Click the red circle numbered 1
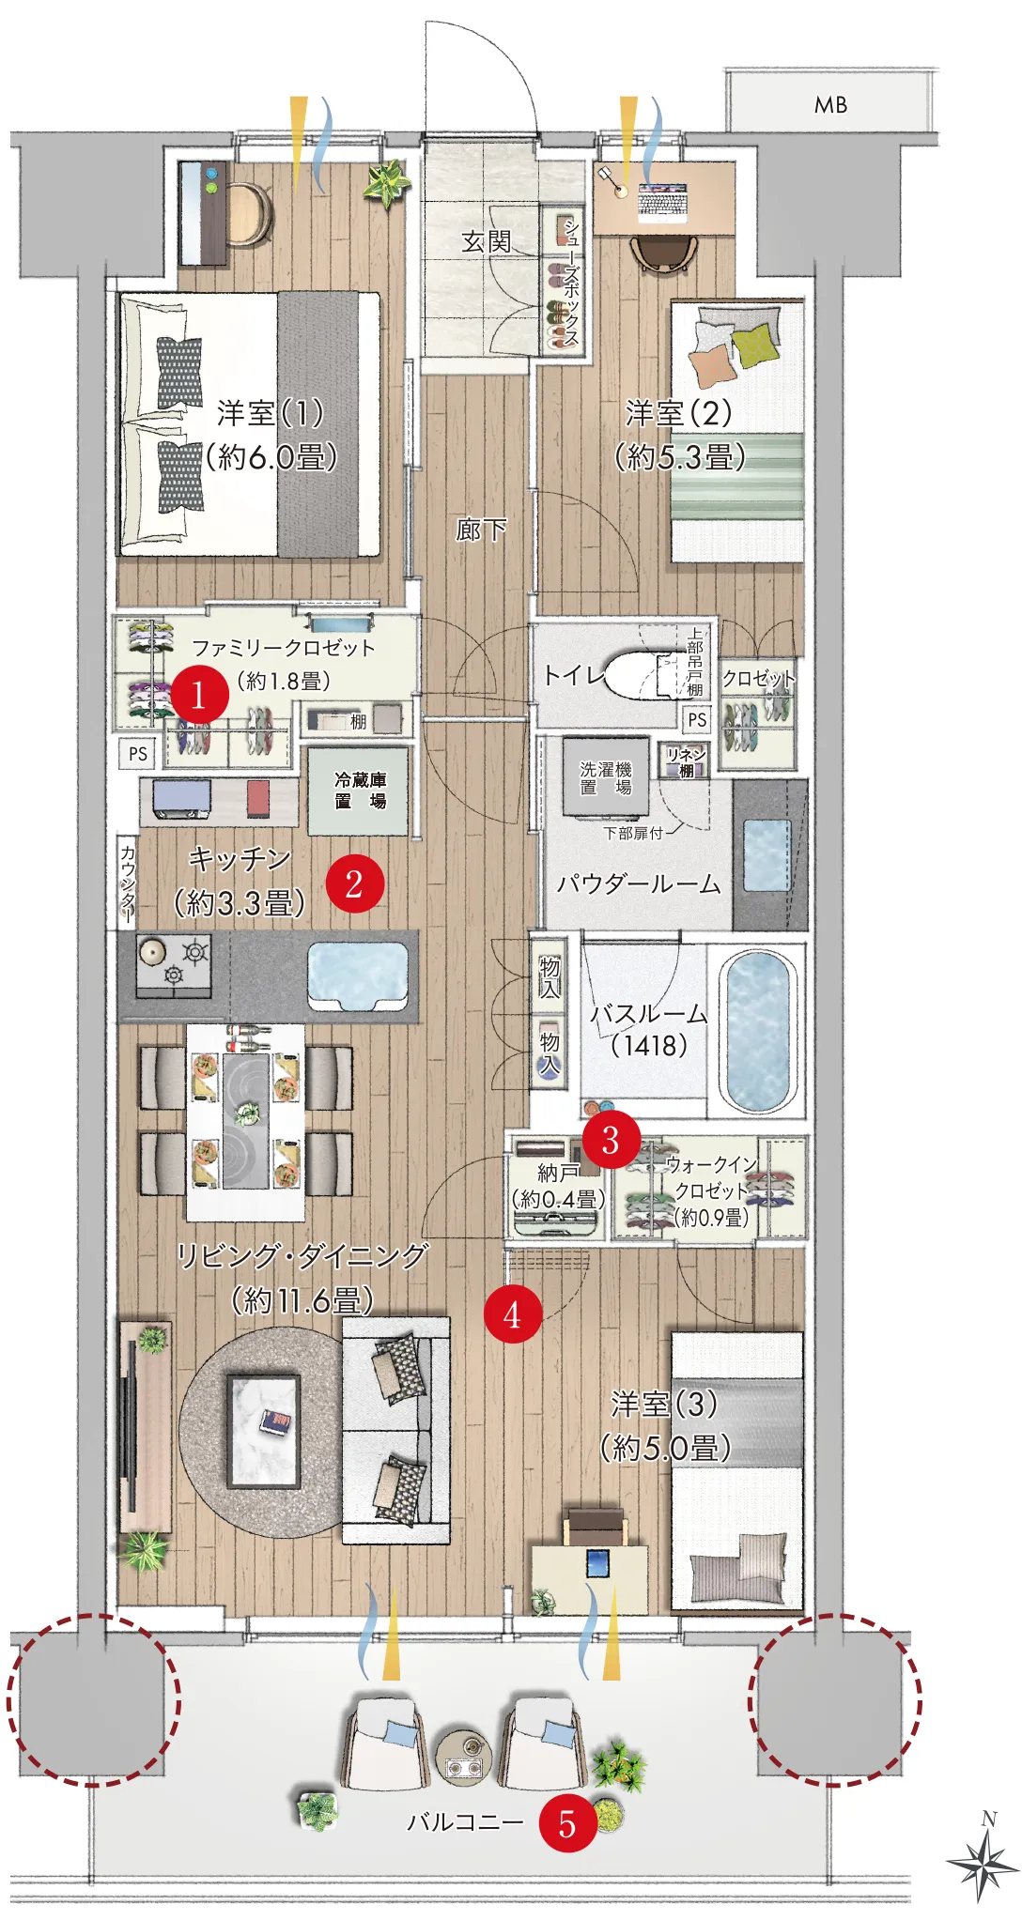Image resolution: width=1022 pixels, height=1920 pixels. (x=198, y=695)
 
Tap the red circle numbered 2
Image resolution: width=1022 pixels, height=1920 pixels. (x=354, y=883)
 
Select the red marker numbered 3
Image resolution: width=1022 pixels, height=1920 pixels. (x=611, y=1140)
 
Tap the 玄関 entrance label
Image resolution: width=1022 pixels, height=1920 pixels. (x=487, y=241)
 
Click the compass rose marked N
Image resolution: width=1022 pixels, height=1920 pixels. (x=983, y=1859)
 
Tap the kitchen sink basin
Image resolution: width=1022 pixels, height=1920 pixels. (x=358, y=975)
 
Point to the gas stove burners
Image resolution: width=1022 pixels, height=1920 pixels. (x=174, y=964)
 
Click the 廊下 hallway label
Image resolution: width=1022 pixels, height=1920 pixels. (x=481, y=530)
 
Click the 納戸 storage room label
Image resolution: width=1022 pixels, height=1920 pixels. (x=557, y=1173)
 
